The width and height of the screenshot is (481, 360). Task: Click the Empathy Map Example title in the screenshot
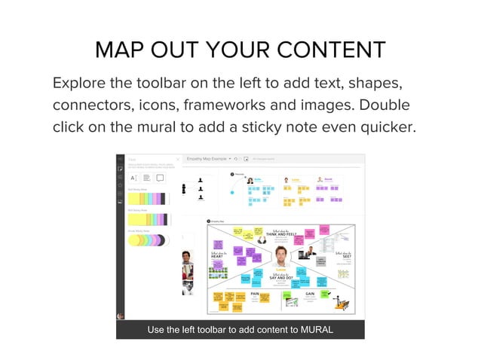(207, 159)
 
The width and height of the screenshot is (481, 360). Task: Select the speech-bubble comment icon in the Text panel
(160, 178)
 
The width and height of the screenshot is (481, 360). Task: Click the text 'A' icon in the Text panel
(133, 178)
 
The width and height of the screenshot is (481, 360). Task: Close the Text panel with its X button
(178, 160)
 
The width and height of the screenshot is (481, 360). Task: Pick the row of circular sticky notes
(148, 240)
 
